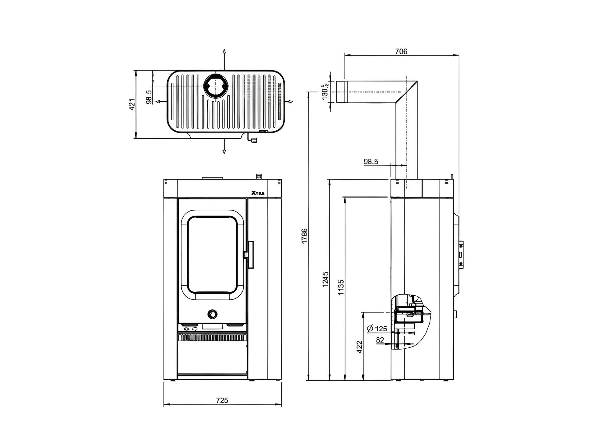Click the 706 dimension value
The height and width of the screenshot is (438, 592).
[401, 51]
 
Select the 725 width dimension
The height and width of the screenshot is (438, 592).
[222, 400]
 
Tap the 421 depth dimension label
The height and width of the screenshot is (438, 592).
[132, 104]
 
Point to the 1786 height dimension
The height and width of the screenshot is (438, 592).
[305, 236]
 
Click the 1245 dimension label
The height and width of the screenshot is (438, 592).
[326, 279]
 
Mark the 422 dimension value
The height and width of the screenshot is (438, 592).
[359, 347]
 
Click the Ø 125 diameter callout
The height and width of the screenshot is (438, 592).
[377, 329]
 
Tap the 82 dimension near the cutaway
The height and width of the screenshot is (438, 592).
[380, 340]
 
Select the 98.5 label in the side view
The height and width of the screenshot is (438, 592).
[371, 161]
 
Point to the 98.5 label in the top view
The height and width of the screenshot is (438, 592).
[149, 97]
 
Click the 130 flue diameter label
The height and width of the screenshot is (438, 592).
[325, 92]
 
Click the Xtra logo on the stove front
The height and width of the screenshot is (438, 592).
[258, 193]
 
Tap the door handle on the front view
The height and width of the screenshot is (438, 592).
[250, 255]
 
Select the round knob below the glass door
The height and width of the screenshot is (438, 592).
[212, 314]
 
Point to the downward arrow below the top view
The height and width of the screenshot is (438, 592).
[224, 151]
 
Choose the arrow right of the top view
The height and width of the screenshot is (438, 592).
[290, 102]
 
